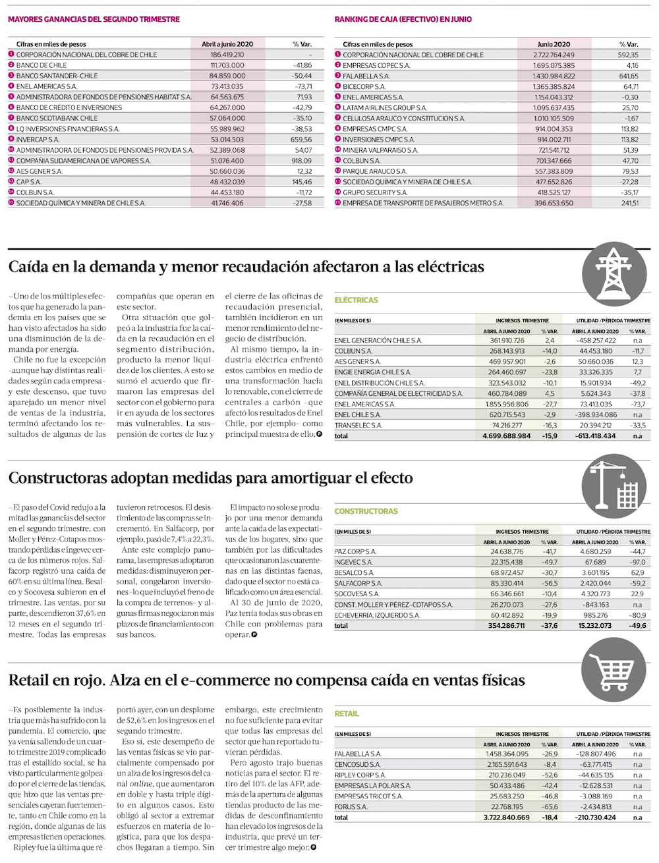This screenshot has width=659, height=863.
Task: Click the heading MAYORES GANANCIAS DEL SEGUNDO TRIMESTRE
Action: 94,20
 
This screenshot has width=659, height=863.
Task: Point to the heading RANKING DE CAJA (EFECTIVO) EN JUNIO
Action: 403,20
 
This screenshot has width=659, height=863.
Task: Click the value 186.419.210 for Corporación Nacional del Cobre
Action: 227,55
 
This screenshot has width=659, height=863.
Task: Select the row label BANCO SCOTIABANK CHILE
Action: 57,119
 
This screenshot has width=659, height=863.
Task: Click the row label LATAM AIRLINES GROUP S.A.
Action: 384,108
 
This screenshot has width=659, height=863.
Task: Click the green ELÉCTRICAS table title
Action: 356,300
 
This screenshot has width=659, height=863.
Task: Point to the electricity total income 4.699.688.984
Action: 506,436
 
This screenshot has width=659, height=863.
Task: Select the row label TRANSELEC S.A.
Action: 358,426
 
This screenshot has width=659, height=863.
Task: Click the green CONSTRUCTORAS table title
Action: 366,511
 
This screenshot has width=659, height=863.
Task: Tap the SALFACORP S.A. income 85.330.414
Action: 507,584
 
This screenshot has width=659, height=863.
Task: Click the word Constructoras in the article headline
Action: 59,478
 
